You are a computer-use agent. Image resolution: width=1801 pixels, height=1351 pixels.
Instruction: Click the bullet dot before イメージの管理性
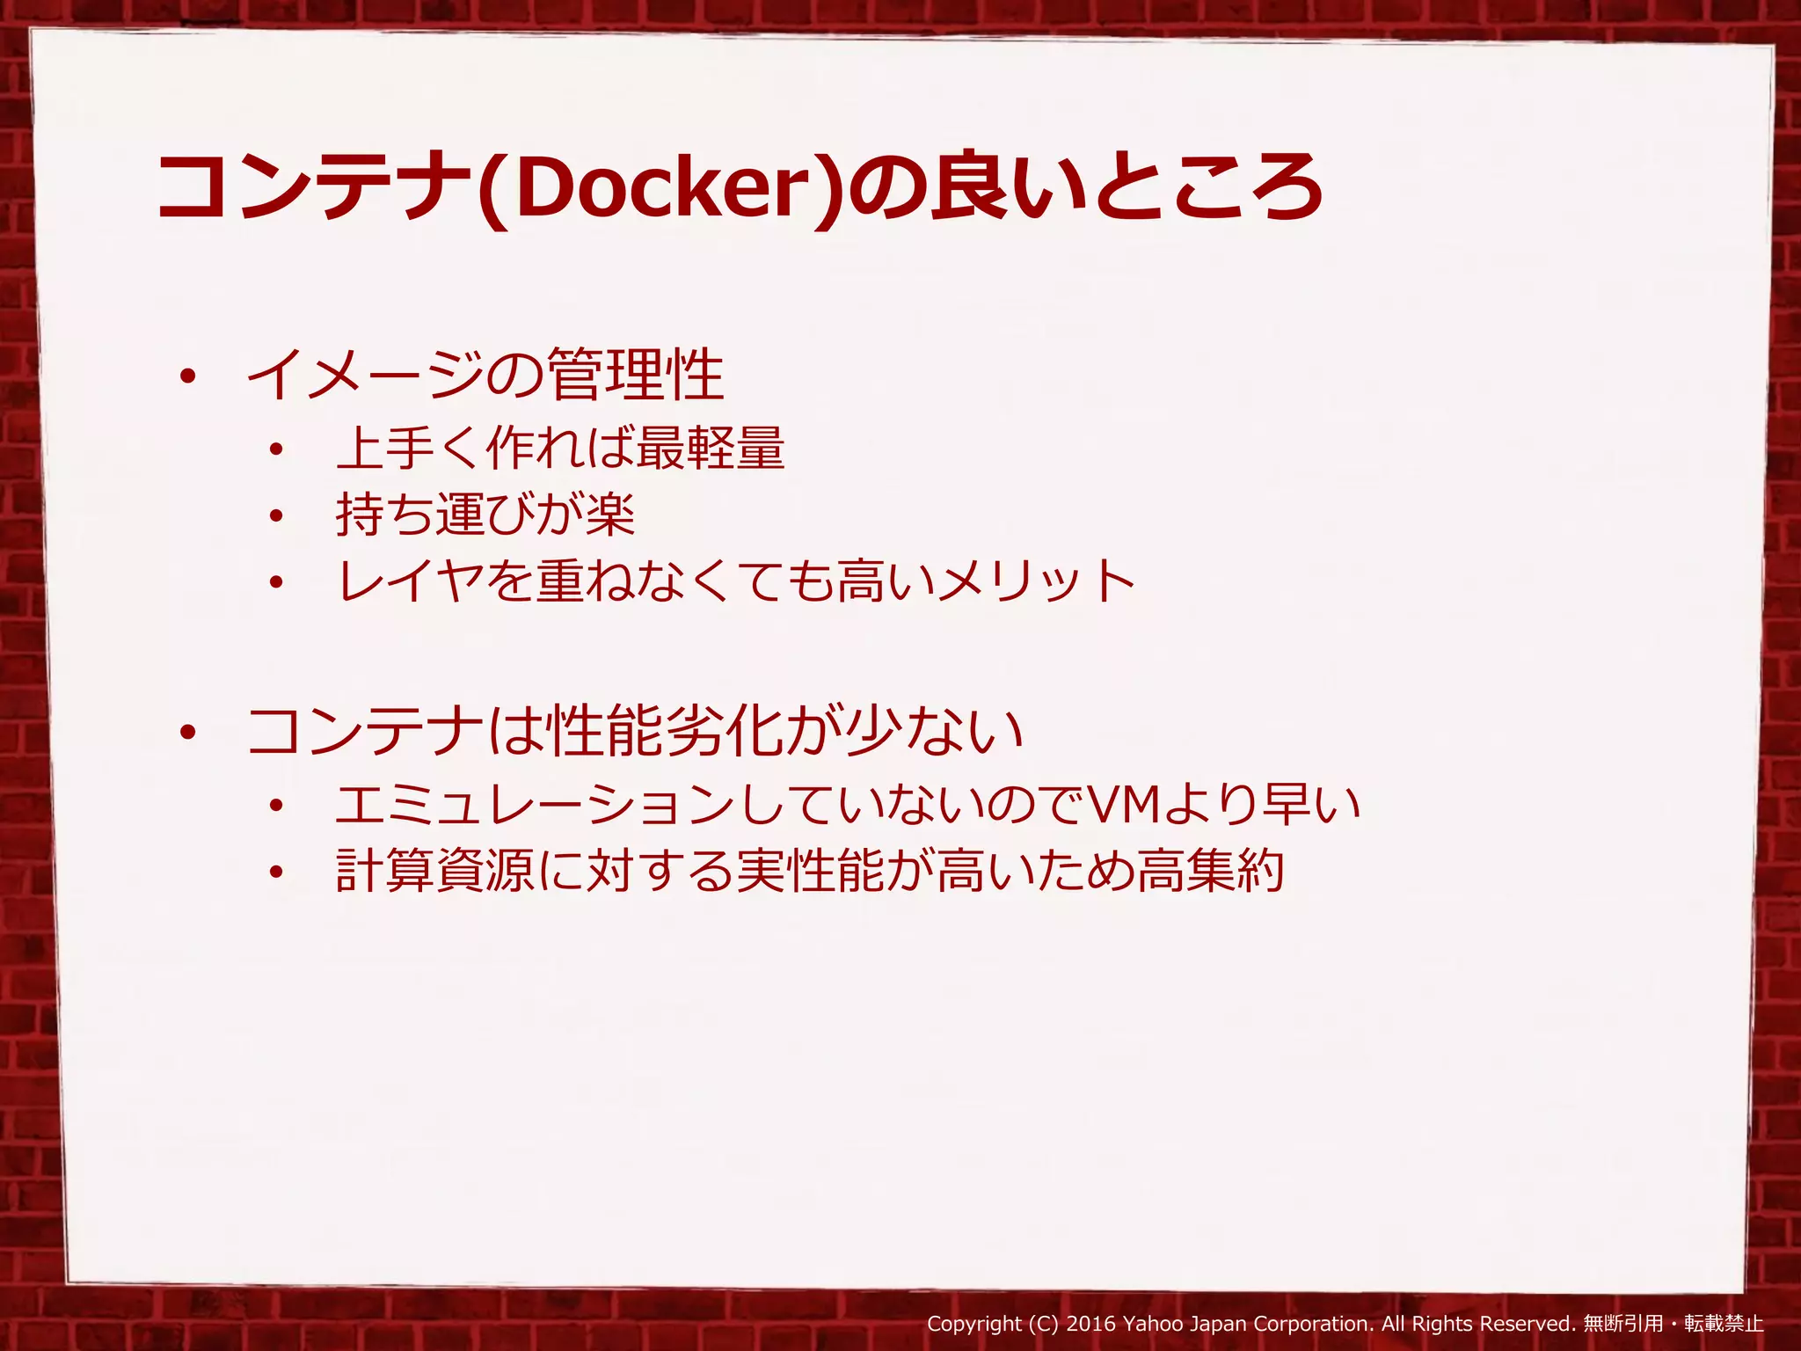[186, 377]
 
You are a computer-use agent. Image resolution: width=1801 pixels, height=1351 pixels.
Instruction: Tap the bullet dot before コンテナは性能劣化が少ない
[186, 733]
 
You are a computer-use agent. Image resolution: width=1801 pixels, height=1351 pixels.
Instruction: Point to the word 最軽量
[710, 448]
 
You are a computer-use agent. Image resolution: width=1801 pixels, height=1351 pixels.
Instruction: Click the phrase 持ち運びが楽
[485, 515]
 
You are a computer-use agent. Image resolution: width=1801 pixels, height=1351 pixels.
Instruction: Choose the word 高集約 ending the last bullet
[1210, 871]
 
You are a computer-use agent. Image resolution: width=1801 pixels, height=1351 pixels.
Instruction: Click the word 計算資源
[435, 871]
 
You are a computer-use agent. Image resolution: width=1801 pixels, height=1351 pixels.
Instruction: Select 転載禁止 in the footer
[1724, 1324]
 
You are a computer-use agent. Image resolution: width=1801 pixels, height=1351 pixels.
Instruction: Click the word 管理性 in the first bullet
[635, 376]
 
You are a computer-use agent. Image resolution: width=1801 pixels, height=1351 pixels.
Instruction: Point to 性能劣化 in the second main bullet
[664, 732]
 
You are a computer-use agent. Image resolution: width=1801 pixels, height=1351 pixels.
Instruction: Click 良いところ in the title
[1126, 187]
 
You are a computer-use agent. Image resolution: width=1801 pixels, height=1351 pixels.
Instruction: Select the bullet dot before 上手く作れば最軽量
[277, 449]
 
